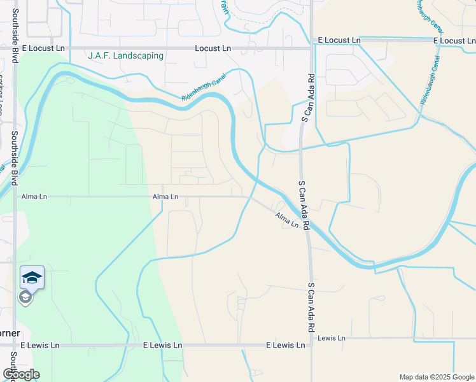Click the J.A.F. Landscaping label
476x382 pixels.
[x=125, y=55]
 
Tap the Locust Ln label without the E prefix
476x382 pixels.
[x=213, y=48]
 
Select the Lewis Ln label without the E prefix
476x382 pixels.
[x=331, y=337]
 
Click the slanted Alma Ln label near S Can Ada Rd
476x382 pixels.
[x=286, y=220]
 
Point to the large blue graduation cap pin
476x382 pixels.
[x=32, y=278]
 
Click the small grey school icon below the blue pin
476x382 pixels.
[x=25, y=297]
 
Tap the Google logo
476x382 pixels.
[x=21, y=374]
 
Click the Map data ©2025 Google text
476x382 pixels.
[x=437, y=377]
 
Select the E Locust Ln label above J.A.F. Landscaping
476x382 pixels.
[x=43, y=48]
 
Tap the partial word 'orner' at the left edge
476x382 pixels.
[x=10, y=333]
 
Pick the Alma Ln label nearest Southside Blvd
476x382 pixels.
[x=34, y=197]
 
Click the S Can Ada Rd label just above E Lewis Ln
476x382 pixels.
[x=311, y=307]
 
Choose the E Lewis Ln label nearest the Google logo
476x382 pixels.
[x=39, y=345]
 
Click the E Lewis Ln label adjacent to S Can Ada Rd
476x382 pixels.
[x=285, y=345]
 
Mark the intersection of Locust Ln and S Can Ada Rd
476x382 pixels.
[x=311, y=46]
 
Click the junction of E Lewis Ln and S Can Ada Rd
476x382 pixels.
[x=311, y=345]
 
